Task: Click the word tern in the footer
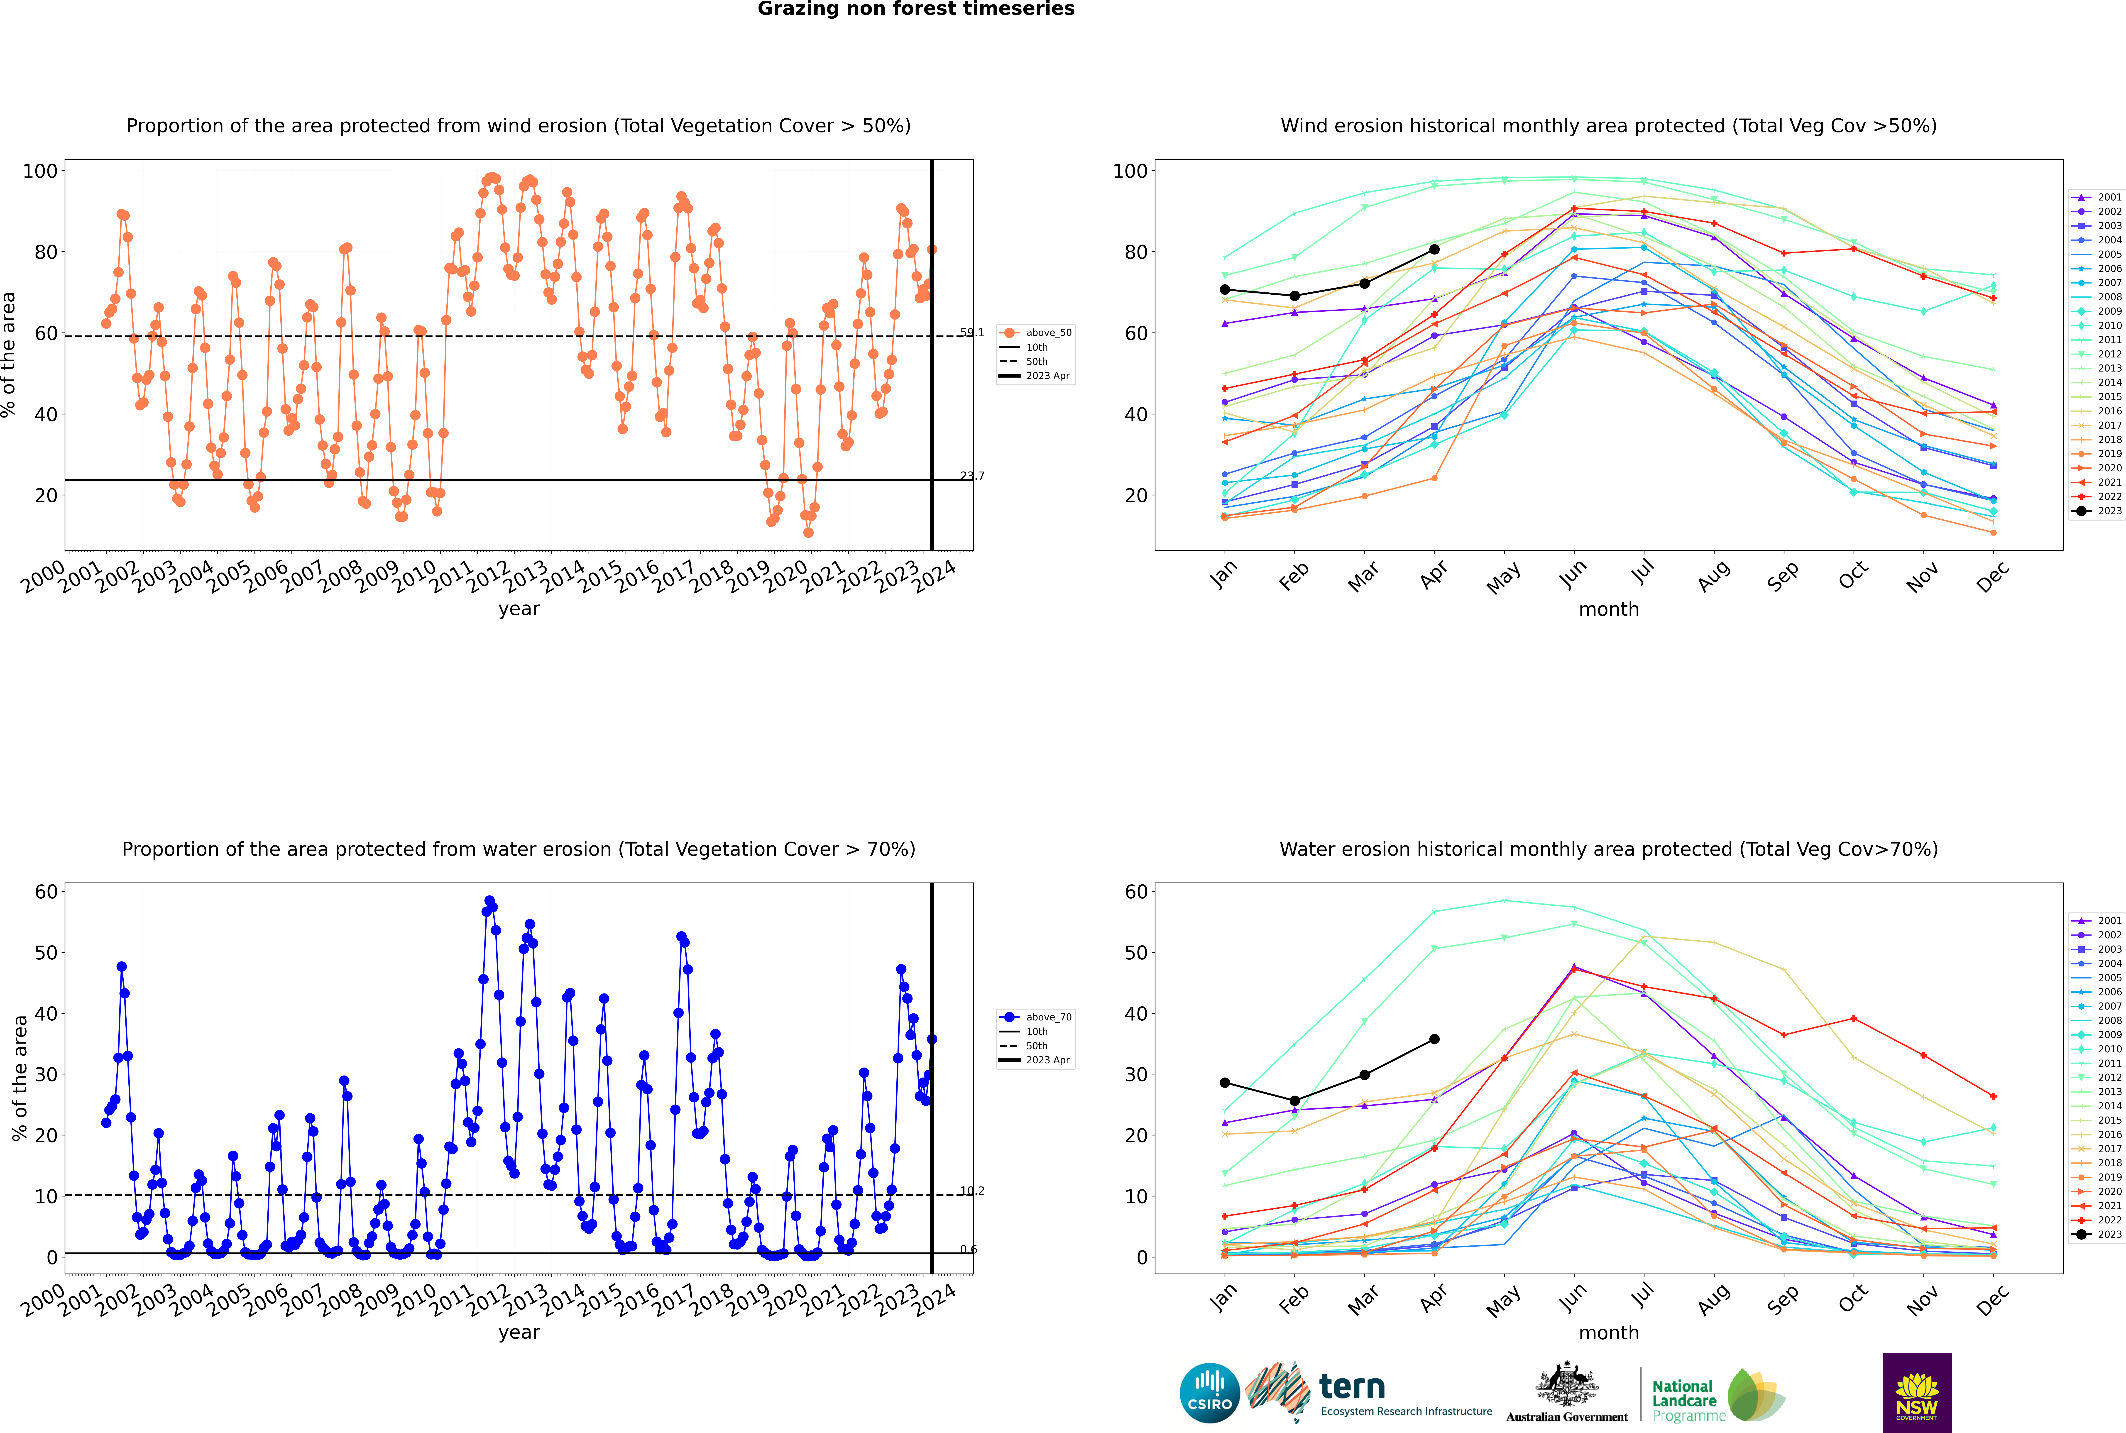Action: [x=1352, y=1387]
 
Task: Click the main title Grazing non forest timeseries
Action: [x=916, y=9]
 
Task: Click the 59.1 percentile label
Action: [x=972, y=333]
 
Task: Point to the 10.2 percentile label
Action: [x=972, y=1191]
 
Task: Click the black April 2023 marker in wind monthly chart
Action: [x=1434, y=249]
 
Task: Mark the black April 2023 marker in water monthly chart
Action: [x=1434, y=1039]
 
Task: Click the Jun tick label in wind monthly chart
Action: [x=1572, y=574]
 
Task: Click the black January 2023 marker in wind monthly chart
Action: [x=1225, y=290]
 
